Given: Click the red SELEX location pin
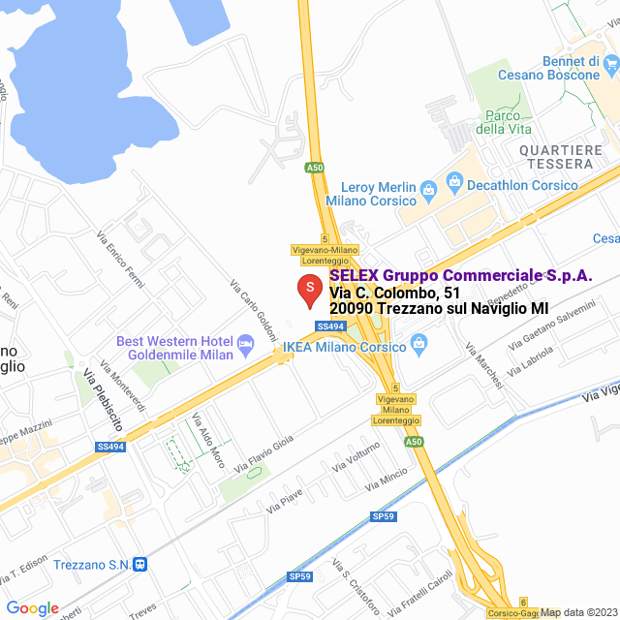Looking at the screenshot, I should [309, 289].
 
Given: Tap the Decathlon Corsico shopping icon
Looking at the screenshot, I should [453, 182].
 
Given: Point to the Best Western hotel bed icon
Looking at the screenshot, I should [246, 342].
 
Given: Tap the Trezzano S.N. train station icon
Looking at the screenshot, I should [140, 564].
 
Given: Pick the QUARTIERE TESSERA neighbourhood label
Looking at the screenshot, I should [561, 157].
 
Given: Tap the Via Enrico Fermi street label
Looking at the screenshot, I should [120, 257].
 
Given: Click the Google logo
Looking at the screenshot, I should [33, 608].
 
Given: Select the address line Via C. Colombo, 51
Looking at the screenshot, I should [394, 292].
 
